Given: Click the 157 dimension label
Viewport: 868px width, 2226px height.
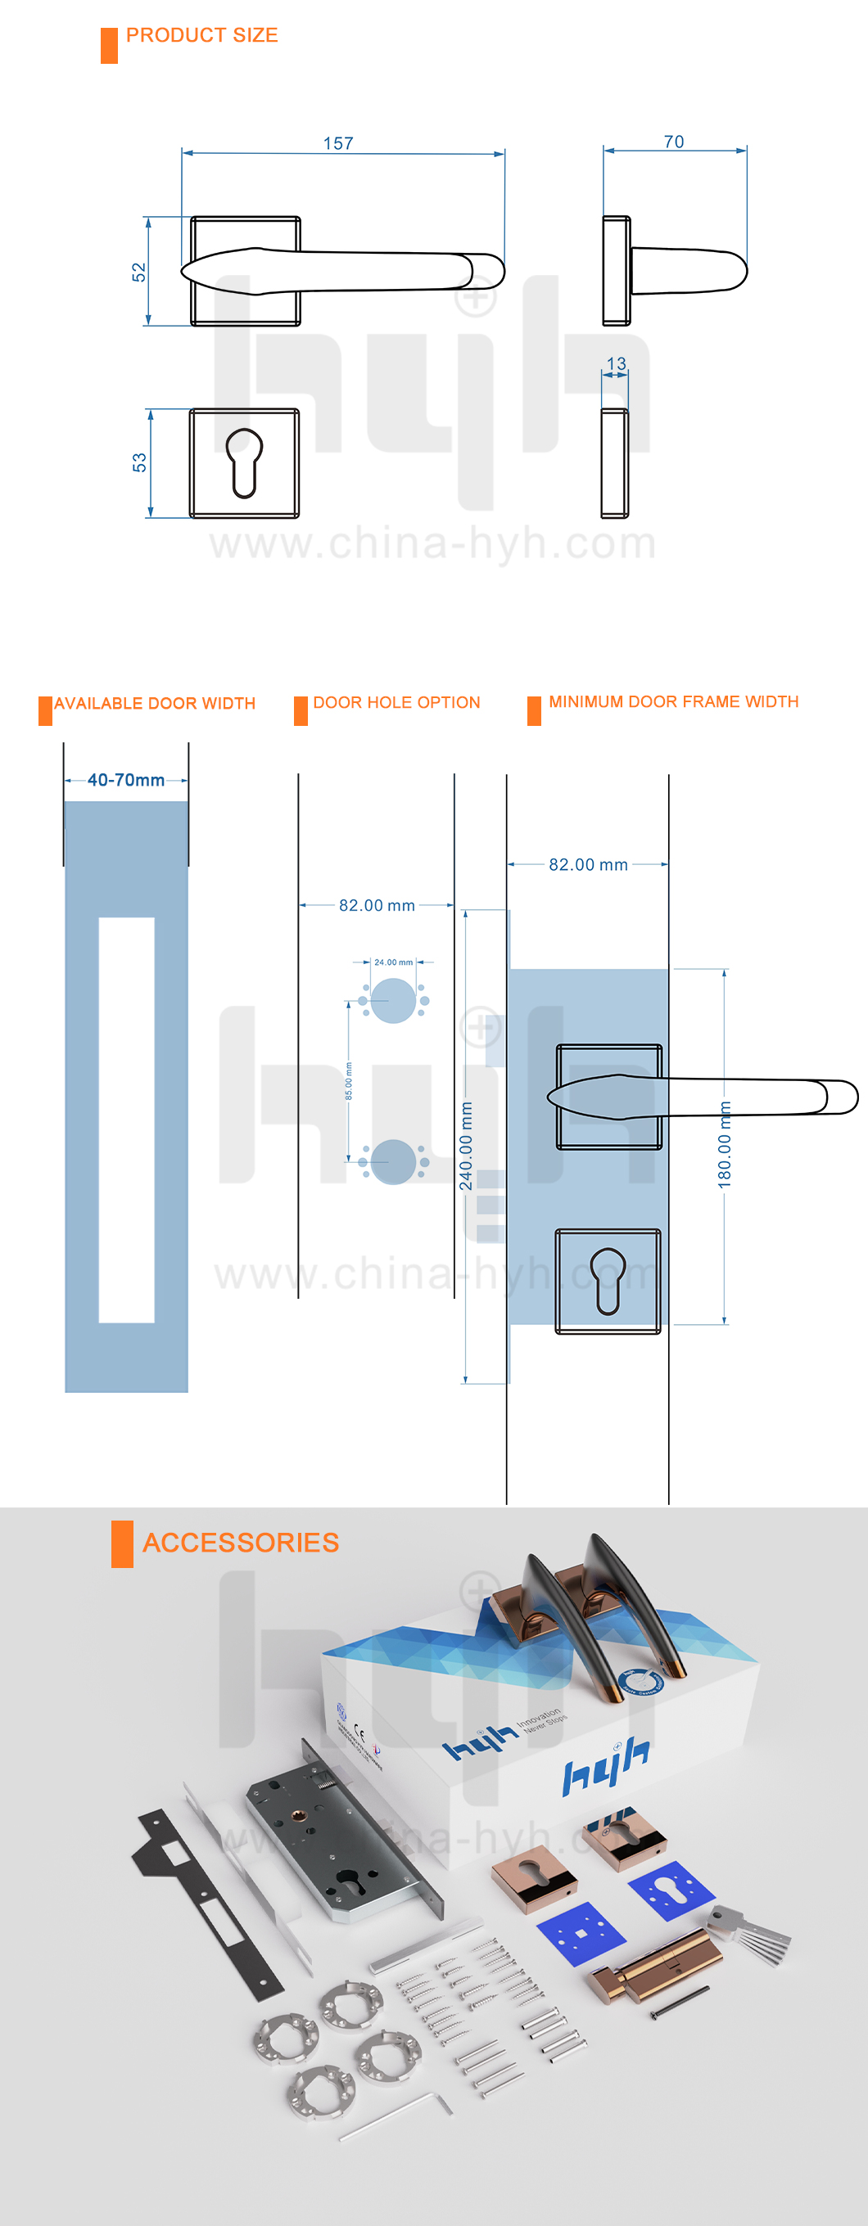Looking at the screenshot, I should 338,143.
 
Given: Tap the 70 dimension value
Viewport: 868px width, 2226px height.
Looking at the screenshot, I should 673,142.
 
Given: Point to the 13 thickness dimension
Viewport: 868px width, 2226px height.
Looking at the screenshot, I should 617,364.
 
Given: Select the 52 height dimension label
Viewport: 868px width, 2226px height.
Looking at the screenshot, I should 139,273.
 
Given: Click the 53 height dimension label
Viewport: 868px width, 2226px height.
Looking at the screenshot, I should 139,463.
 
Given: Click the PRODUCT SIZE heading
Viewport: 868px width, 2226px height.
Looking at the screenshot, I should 201,35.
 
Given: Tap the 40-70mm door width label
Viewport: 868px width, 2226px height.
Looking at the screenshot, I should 126,780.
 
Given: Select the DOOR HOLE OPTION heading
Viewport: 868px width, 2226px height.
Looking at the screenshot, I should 396,702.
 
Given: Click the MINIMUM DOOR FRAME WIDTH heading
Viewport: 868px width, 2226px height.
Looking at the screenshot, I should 673,701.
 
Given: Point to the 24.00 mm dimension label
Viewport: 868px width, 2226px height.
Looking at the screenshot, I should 393,962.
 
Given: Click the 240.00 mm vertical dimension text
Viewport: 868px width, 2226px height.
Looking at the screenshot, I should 467,1146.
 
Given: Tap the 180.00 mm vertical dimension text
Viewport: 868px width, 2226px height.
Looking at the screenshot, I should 725,1145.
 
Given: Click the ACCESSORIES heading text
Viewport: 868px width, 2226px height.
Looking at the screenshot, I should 241,1543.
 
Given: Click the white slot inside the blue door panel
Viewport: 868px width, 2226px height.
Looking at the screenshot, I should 126,1119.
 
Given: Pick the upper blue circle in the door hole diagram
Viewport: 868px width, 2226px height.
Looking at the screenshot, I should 392,1001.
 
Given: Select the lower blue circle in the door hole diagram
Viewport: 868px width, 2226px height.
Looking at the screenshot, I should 392,1161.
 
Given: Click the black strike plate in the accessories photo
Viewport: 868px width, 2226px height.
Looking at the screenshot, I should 207,1901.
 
